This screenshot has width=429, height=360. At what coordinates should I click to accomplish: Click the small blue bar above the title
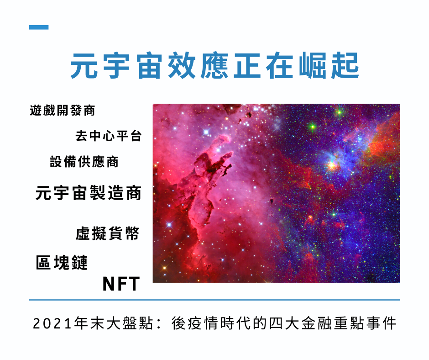(x=39, y=27)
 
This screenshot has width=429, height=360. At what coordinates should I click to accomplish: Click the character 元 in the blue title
(x=84, y=66)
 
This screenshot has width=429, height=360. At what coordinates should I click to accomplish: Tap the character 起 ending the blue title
(x=345, y=66)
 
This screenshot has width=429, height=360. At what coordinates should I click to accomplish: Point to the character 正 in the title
(x=247, y=66)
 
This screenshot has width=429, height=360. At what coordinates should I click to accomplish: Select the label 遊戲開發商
(x=63, y=111)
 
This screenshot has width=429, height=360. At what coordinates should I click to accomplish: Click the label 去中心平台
(x=108, y=136)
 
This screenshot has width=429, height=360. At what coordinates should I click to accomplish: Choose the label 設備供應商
(x=84, y=162)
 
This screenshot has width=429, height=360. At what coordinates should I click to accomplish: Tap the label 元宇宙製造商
(x=89, y=193)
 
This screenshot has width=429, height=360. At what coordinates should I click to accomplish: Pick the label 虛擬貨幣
(x=108, y=234)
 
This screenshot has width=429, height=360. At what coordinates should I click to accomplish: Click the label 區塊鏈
(x=62, y=263)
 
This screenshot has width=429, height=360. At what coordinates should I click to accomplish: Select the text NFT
(x=121, y=284)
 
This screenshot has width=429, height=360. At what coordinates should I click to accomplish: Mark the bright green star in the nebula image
(x=313, y=127)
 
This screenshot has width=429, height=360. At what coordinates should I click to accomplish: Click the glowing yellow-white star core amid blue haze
(x=331, y=165)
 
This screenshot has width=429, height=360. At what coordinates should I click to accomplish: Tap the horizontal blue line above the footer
(x=214, y=300)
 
